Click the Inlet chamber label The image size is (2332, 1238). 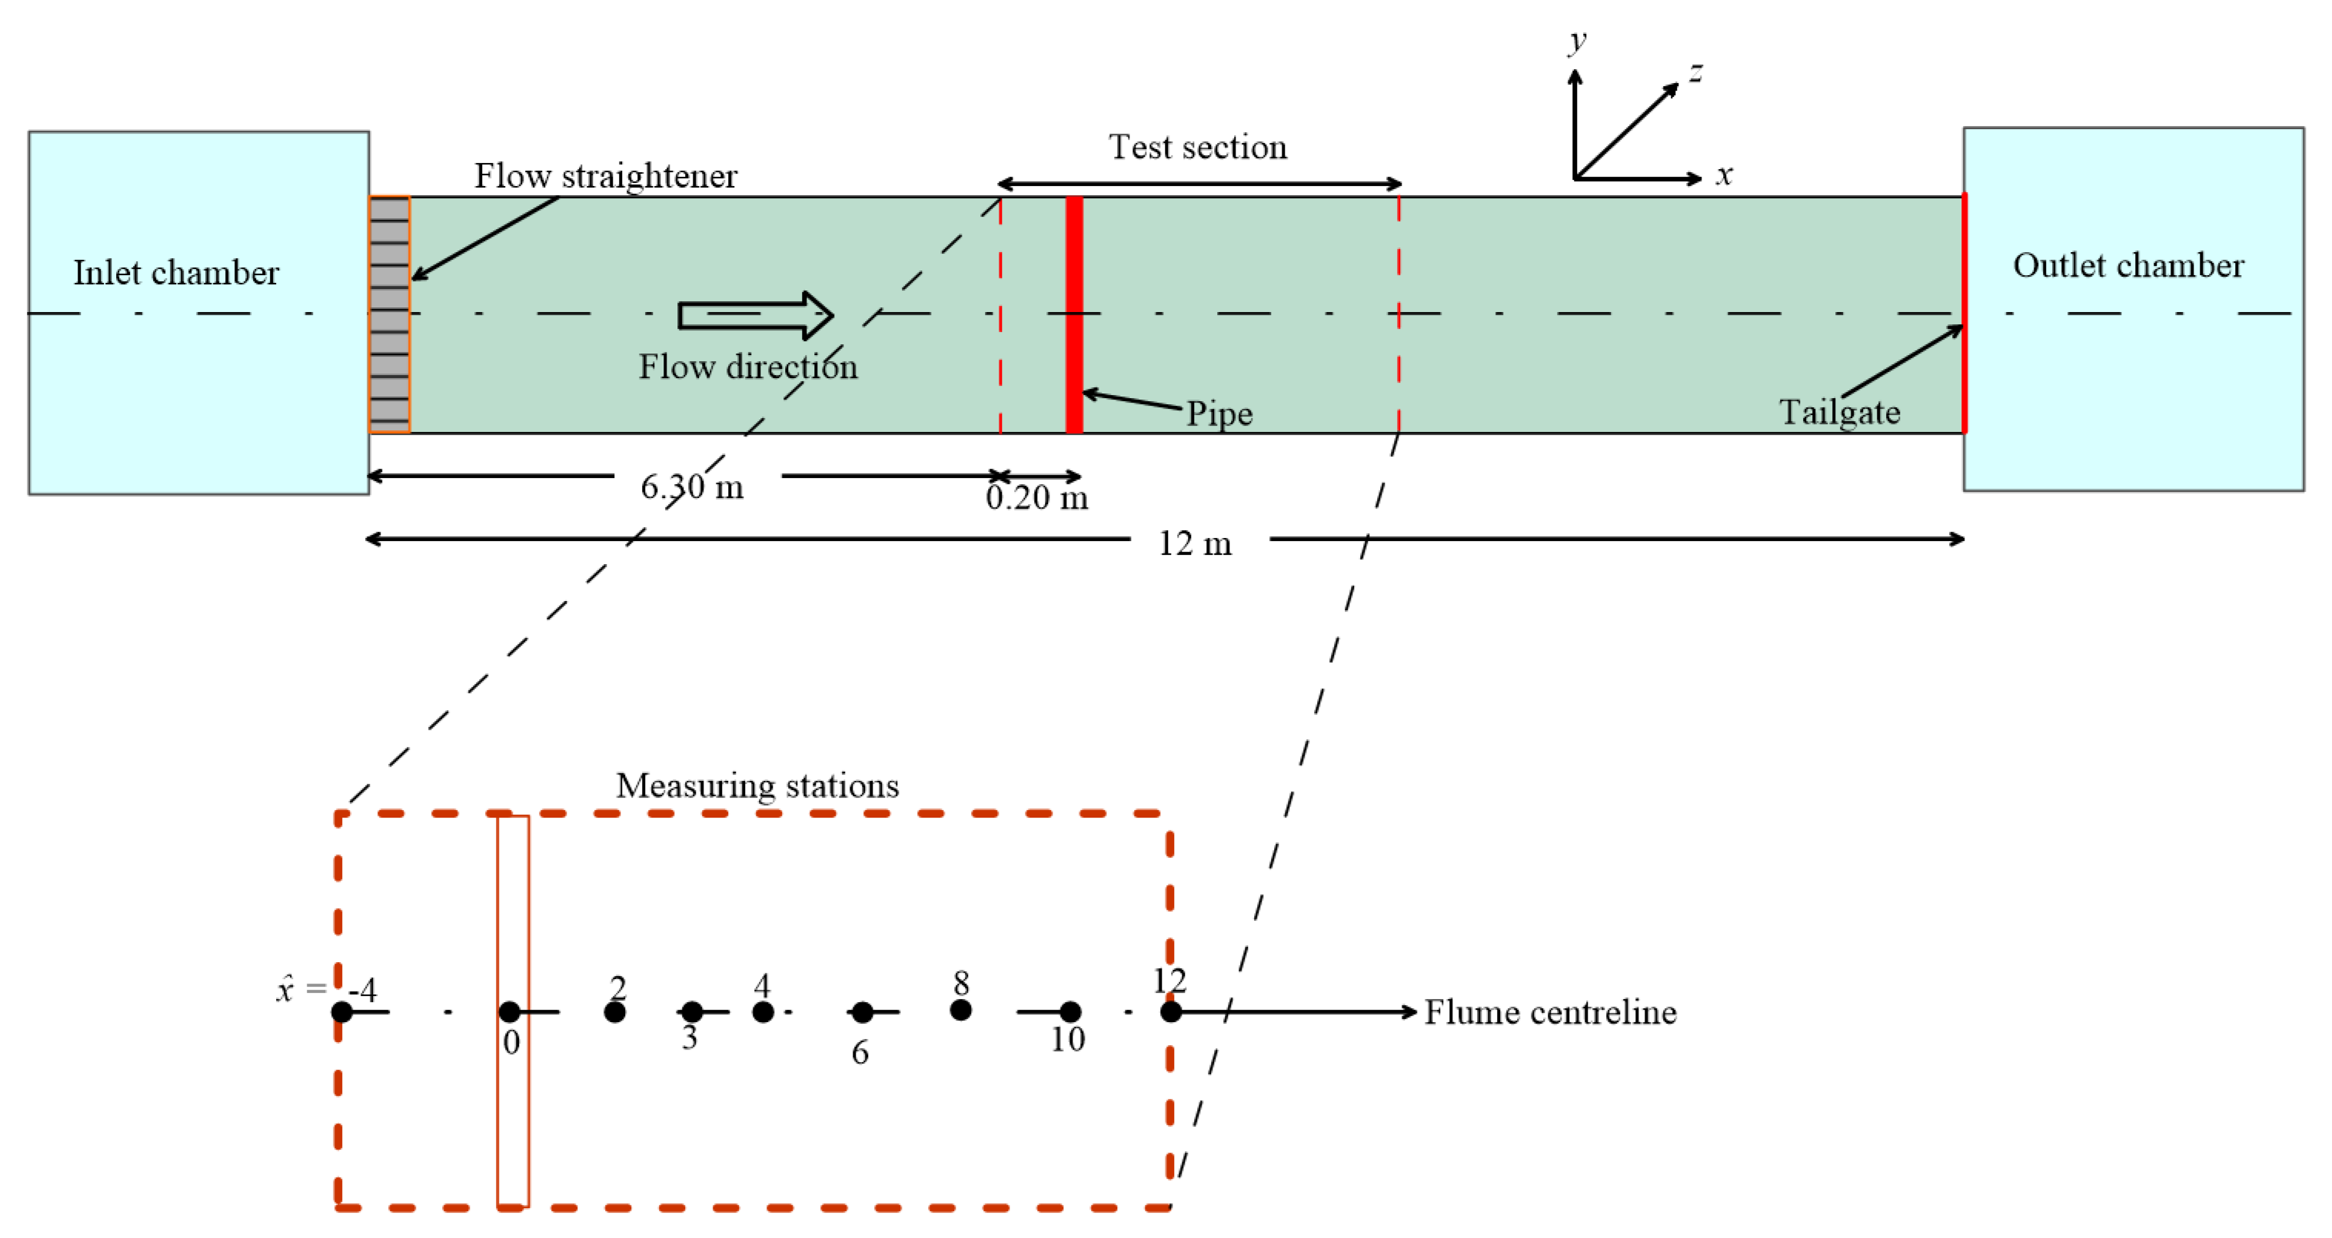[x=177, y=272]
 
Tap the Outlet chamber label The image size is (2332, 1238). [x=2127, y=265]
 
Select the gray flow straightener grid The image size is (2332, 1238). [x=389, y=314]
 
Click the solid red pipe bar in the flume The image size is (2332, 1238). [x=1073, y=314]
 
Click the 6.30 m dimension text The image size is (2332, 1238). [x=692, y=487]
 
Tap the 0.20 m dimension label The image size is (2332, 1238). [x=1036, y=498]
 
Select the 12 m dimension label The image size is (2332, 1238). [x=1195, y=543]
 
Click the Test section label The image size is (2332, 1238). [x=1198, y=147]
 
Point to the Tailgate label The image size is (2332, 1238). [x=1839, y=412]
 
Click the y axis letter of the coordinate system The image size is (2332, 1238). [x=1578, y=40]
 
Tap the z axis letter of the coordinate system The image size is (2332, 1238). [x=1695, y=71]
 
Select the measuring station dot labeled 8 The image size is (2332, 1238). [x=960, y=1010]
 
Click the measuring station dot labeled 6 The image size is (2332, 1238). [x=862, y=1012]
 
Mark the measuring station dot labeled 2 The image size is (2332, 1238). [x=614, y=1012]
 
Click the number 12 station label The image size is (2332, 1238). [x=1169, y=980]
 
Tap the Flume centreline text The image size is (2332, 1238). [x=1550, y=1012]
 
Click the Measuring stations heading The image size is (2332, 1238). [x=757, y=785]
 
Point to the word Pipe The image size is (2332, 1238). [x=1219, y=413]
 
